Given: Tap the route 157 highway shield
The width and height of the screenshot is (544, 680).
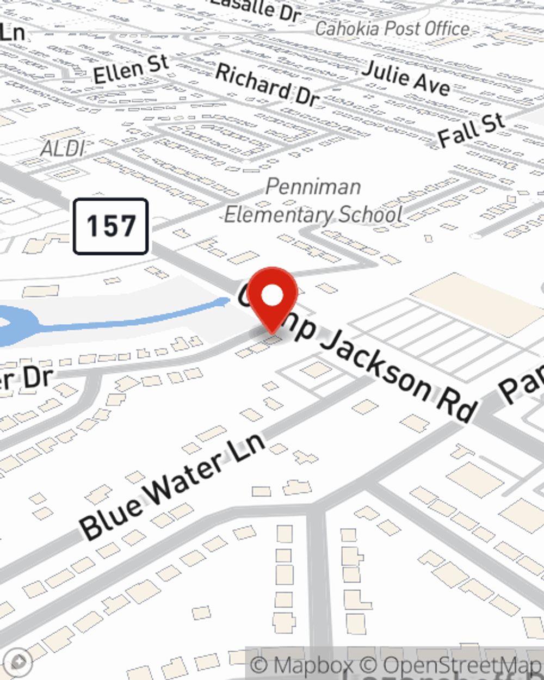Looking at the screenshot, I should coord(111,226).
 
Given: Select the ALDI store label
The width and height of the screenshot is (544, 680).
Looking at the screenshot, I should coord(63,149).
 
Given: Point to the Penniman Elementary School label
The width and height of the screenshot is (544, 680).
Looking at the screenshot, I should coord(313,201).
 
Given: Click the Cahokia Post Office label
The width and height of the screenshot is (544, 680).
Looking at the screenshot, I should coord(392,28).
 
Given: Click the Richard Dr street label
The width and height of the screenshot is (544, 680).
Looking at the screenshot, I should coord(267,84).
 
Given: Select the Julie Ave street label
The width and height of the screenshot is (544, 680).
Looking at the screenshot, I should coord(406,78).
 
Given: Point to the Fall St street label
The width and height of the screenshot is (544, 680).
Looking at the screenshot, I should coord(471,131).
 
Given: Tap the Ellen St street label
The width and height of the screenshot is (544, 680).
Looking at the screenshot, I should coord(131,70).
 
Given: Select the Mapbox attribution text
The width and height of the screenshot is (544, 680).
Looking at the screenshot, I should coord(301,665).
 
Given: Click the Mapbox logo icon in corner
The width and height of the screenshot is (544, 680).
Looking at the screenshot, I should coord(19,662).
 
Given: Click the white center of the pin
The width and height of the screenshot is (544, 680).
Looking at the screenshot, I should coord(272,296).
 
